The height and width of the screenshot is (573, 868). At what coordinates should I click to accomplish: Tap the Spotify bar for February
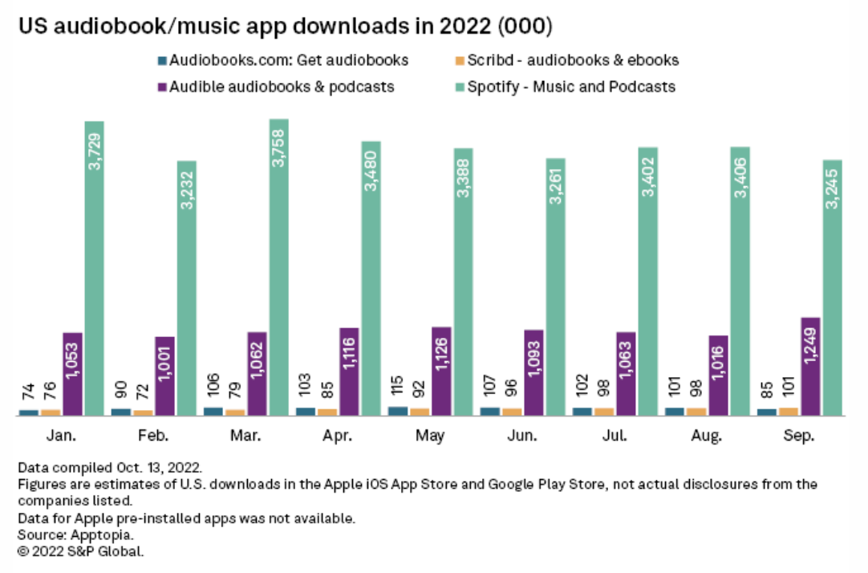(187, 288)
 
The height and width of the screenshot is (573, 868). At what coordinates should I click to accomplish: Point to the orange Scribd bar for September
(789, 412)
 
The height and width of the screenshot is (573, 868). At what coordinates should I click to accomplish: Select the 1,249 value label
(811, 346)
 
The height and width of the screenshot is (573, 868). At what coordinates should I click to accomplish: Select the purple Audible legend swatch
(164, 87)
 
